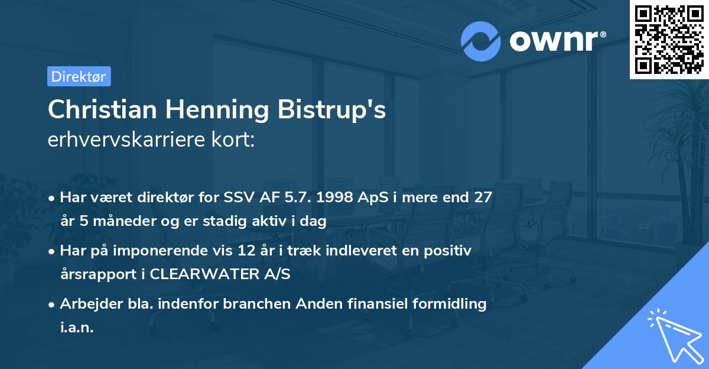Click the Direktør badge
(x=79, y=76)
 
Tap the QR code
(x=669, y=40)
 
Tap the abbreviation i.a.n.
(x=77, y=328)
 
